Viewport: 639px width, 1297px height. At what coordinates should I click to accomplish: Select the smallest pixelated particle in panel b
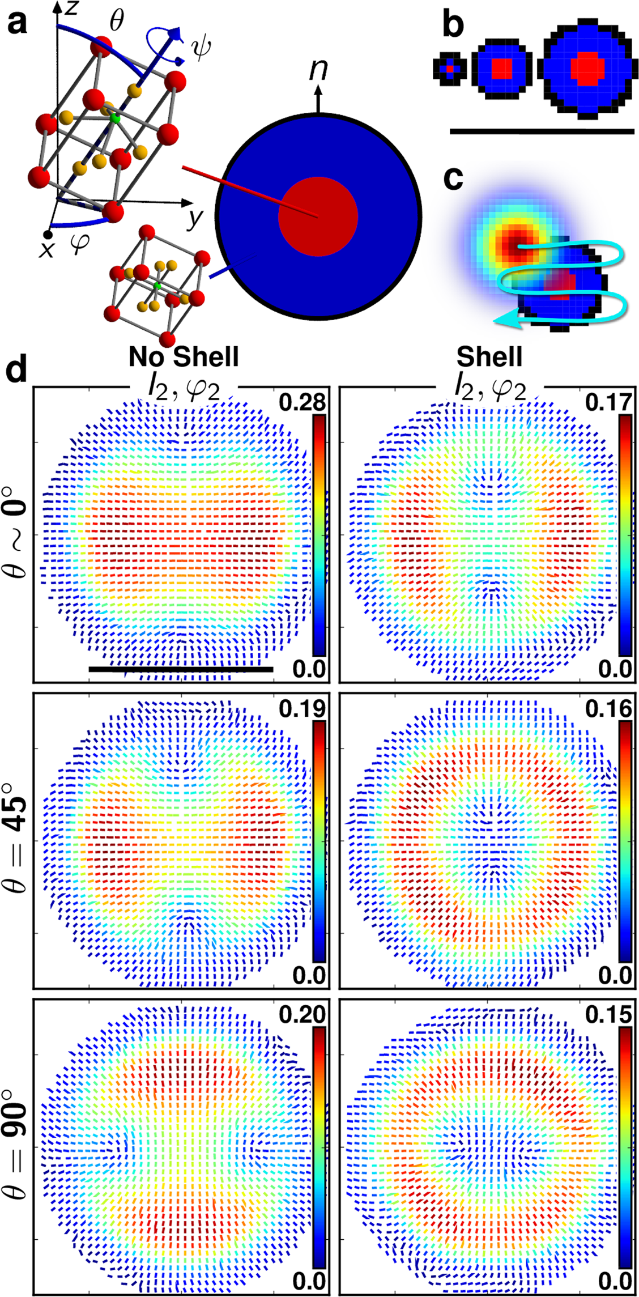point(450,69)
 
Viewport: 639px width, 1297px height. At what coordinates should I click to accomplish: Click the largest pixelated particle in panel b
point(587,69)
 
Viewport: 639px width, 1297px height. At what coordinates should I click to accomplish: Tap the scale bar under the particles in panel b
point(542,131)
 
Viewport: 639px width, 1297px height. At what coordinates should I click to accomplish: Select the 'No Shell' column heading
point(184,357)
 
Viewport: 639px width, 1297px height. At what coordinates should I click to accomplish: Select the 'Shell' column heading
point(489,357)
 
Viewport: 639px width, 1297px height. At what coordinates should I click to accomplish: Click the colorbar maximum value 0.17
point(608,402)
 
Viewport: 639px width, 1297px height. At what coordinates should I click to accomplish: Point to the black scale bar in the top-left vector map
point(181,669)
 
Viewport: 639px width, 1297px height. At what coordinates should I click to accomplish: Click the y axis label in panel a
point(194,217)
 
